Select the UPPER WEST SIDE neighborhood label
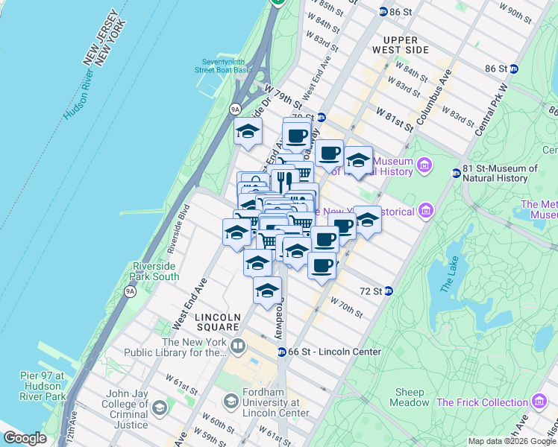point(407,45)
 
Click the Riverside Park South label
point(155,271)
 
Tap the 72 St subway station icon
point(388,291)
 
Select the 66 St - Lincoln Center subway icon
point(282,352)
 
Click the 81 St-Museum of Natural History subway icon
point(456,174)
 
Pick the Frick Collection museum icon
point(538,403)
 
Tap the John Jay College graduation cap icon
point(160,408)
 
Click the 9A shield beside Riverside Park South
point(131,291)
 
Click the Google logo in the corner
point(25,438)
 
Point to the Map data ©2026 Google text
point(512,441)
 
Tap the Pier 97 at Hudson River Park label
point(43,381)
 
